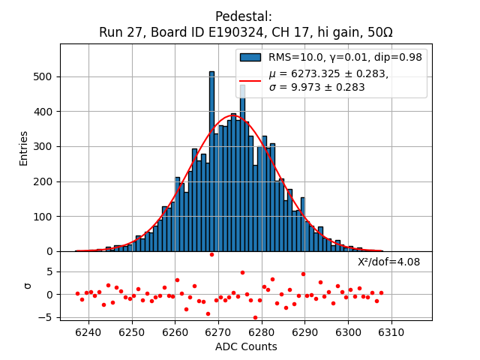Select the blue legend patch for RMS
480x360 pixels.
pyautogui.click(x=250, y=57)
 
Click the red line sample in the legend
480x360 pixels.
pyautogui.click(x=250, y=80)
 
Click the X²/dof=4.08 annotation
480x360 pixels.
pyautogui.click(x=388, y=262)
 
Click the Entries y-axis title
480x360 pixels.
pyautogui.click(x=24, y=148)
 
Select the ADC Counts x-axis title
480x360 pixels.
pyautogui.click(x=246, y=346)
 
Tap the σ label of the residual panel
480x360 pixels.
pyautogui.click(x=28, y=286)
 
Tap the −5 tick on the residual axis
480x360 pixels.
pyautogui.click(x=47, y=317)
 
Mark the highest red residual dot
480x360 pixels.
pyautogui.click(x=211, y=254)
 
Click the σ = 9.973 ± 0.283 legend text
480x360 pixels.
pyautogui.click(x=316, y=87)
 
